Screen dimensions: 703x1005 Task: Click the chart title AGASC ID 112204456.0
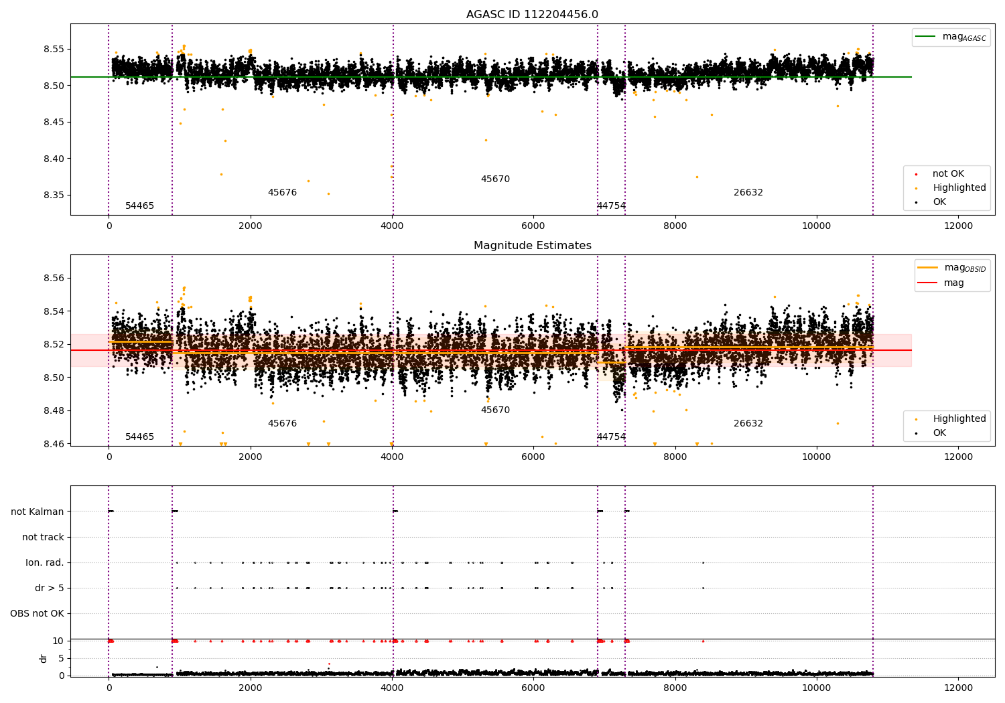tap(532, 15)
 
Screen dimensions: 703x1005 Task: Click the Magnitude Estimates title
tap(532, 246)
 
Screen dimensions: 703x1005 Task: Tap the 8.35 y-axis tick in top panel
tap(54, 196)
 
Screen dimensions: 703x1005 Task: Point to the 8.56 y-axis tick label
tap(54, 278)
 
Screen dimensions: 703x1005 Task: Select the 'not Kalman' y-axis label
tap(38, 512)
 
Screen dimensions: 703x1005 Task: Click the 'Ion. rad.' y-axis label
tap(45, 562)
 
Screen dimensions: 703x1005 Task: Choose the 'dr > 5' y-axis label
tap(50, 588)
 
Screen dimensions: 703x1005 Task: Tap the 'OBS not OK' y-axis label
tap(38, 613)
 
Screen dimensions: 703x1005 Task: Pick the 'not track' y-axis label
tap(43, 537)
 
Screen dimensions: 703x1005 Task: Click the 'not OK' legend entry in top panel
tap(948, 174)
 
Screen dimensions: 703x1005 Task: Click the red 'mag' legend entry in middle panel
tap(953, 283)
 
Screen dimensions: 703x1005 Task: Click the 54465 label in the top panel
tap(139, 206)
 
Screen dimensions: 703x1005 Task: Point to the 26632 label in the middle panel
tap(748, 423)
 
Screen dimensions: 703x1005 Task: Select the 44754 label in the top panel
tap(611, 206)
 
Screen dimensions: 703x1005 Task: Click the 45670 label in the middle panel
tap(495, 410)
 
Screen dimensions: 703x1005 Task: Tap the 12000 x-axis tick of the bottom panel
tap(958, 686)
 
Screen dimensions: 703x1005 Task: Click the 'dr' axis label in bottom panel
tap(44, 658)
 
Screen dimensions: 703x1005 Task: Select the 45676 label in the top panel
tap(282, 192)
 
